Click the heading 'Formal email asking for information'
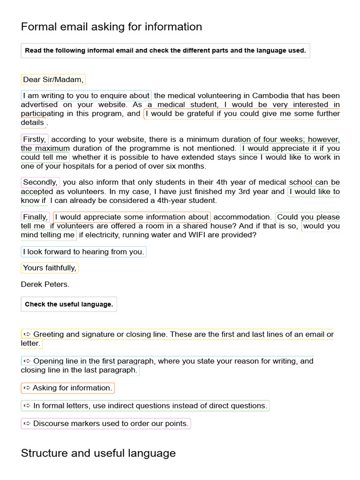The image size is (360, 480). click(x=112, y=27)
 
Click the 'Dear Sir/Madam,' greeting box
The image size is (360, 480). click(x=53, y=80)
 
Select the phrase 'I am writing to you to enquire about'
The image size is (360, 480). click(x=86, y=96)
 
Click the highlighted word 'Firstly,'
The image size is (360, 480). click(x=35, y=140)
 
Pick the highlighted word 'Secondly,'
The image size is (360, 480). click(x=40, y=182)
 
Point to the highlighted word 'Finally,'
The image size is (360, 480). click(x=36, y=217)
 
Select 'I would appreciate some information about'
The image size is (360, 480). click(x=132, y=217)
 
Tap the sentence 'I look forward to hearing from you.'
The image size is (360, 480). click(x=83, y=252)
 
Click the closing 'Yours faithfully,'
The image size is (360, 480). click(x=50, y=268)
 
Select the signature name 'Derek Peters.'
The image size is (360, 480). click(x=45, y=285)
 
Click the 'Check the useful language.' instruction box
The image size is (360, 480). click(x=69, y=304)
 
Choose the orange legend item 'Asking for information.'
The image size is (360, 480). click(x=68, y=388)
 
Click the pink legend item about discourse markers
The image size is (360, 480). click(x=106, y=424)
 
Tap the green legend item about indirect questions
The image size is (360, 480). click(x=145, y=406)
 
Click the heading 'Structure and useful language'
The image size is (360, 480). click(x=98, y=453)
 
